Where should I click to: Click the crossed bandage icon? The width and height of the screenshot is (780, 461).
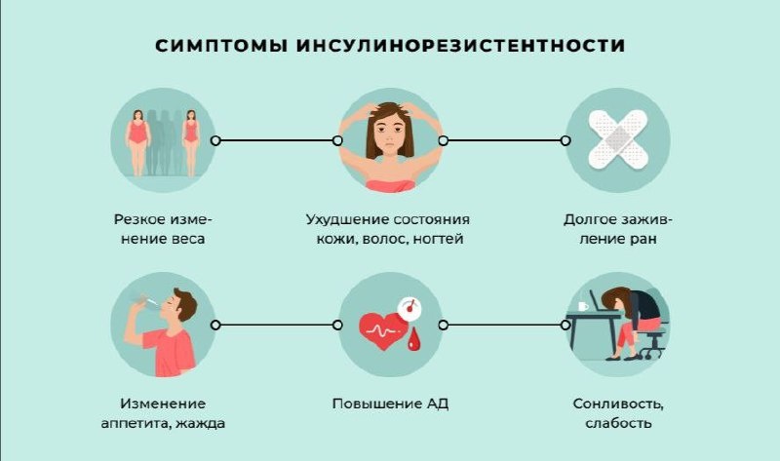click(x=617, y=140)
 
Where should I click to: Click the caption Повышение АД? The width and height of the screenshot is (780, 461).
click(x=390, y=403)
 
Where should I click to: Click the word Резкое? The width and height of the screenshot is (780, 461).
click(x=136, y=219)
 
